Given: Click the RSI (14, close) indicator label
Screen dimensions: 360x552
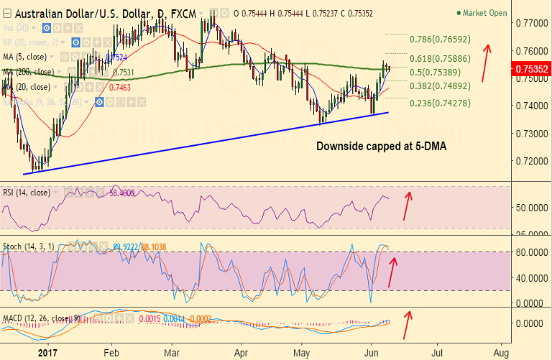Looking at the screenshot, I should click(26, 193).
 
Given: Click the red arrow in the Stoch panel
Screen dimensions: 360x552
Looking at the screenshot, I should click(393, 269).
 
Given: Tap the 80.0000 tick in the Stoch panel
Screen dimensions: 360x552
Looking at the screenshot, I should click(530, 252).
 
